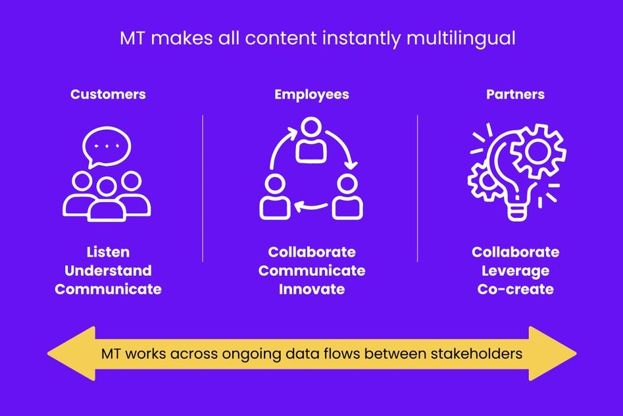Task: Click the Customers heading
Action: pos(108,94)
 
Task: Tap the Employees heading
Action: pos(311,94)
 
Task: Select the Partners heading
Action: pos(515,94)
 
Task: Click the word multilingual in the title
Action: pos(461,38)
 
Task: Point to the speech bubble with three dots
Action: pos(107,146)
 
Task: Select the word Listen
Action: pos(108,252)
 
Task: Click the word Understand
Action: pos(108,271)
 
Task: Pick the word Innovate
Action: pos(311,289)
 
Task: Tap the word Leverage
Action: pos(515,271)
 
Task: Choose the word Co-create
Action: pos(515,289)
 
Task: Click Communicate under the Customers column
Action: pos(108,289)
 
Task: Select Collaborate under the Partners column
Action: pos(515,252)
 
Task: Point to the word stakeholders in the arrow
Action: pos(480,353)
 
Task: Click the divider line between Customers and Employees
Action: pos(203,188)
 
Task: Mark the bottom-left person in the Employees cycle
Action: pos(274,199)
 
